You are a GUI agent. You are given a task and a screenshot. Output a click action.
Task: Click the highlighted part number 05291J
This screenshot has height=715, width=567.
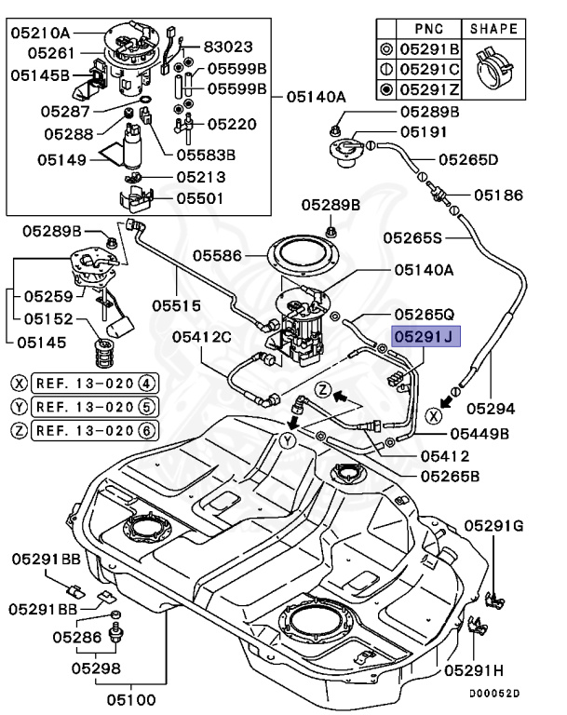click(426, 336)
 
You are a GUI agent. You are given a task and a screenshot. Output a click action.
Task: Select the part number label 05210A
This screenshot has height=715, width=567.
click(40, 33)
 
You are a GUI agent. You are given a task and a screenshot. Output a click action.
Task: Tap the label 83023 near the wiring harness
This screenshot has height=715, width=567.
click(227, 47)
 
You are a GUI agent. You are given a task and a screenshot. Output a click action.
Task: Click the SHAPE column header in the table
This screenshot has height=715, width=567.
click(493, 29)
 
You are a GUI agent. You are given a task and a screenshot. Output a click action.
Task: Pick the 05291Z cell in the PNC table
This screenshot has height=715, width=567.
click(429, 89)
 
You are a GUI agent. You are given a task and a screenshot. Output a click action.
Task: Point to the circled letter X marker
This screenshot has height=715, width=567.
click(433, 415)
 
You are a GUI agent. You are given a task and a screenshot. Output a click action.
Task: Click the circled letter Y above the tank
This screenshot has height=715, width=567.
click(288, 441)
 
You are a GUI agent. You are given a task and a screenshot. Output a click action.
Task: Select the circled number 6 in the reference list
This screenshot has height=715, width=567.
click(146, 430)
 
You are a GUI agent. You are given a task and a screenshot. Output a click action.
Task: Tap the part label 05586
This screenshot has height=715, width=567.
click(217, 255)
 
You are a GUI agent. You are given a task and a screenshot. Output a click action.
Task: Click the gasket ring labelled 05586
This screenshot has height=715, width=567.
click(304, 256)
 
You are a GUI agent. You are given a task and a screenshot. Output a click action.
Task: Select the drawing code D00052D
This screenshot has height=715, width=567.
click(494, 693)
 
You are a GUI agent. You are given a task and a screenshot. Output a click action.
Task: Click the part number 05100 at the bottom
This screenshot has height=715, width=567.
click(131, 699)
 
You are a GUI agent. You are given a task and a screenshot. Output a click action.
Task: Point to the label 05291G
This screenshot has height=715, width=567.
click(494, 526)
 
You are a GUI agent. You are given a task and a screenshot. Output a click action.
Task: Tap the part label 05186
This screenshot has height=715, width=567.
click(499, 196)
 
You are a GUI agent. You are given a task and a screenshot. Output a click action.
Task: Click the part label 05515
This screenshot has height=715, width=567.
click(176, 305)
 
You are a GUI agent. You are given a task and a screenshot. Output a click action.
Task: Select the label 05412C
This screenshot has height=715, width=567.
click(202, 337)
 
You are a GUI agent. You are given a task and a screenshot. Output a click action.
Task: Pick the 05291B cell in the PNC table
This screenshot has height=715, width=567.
click(429, 48)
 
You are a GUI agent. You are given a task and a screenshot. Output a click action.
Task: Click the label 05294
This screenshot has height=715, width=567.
click(491, 408)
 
